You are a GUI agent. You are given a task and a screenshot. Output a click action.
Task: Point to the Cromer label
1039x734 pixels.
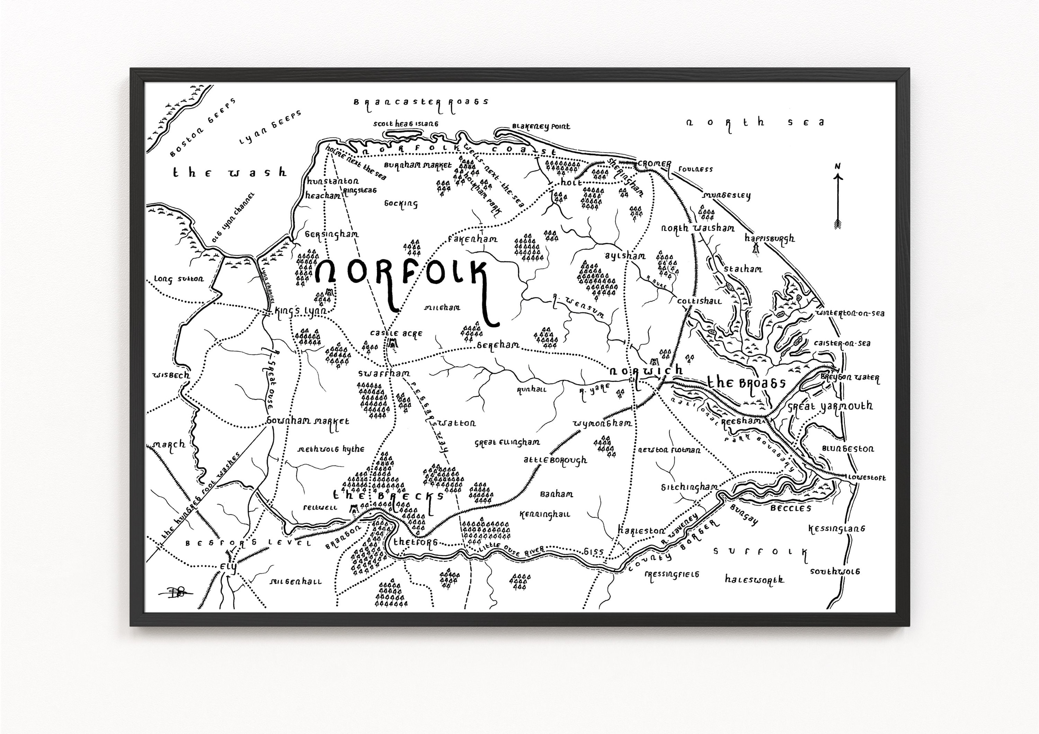point(654,164)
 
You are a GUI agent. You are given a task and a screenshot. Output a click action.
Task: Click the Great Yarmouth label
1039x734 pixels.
point(830,407)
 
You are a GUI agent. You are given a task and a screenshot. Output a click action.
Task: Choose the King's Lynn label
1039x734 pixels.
point(301,312)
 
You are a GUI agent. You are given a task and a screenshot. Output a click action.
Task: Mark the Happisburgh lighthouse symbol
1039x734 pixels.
point(755,248)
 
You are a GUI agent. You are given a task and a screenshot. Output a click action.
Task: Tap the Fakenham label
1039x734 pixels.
point(472,239)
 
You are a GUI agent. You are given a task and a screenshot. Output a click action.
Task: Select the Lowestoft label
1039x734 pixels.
point(867,478)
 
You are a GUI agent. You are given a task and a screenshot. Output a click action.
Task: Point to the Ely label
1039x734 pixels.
point(228,567)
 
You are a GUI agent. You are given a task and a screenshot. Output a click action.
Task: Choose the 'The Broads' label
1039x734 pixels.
point(746,383)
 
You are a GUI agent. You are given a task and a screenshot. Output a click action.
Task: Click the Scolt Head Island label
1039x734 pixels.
point(406,124)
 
